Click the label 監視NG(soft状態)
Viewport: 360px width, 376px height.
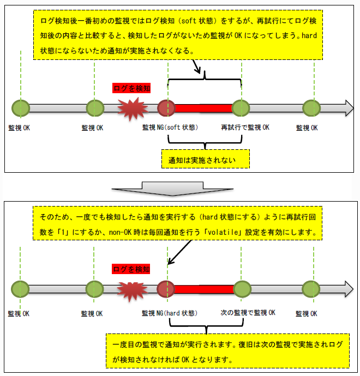[x=170, y=128]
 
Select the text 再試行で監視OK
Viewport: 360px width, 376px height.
[x=245, y=128]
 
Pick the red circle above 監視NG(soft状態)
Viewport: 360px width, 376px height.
[x=165, y=108]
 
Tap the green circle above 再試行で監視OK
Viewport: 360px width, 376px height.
[x=240, y=108]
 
